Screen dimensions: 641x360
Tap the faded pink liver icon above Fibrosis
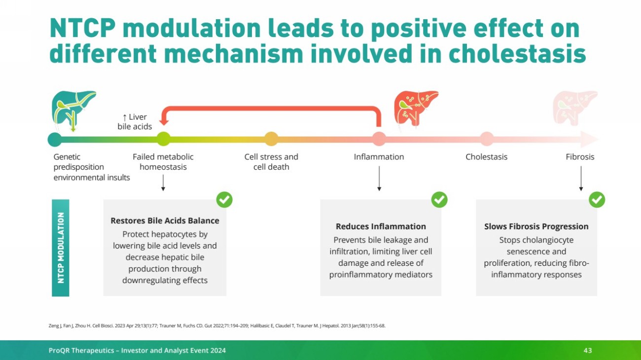tap(575, 108)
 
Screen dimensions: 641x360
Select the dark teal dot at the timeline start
tap(55, 140)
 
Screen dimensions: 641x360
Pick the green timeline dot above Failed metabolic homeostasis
tap(163, 139)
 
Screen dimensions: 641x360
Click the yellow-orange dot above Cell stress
tap(271, 139)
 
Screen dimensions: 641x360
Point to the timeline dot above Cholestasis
tap(487, 139)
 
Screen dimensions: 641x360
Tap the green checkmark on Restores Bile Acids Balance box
tap(224, 200)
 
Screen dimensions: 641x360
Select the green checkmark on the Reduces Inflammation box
tap(439, 200)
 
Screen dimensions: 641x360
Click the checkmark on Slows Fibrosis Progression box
tap(597, 200)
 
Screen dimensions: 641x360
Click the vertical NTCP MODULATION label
tap(61, 248)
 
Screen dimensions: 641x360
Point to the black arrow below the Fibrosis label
tap(581, 179)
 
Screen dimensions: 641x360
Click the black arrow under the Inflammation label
tap(379, 179)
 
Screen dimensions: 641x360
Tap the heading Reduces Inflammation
tap(381, 226)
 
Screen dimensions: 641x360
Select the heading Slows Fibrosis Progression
tap(536, 226)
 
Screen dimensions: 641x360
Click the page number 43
tap(588, 351)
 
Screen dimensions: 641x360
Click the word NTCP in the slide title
tap(82, 28)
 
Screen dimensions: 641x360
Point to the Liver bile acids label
tap(135, 122)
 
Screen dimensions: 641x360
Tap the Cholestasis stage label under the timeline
tap(487, 157)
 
